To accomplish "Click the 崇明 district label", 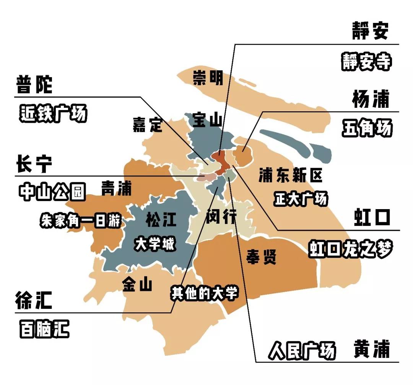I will click(207, 79).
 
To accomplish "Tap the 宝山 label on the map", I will click(207, 120).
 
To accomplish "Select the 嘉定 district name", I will click(148, 125).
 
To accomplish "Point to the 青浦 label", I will click(116, 188).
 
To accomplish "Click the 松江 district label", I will click(161, 220).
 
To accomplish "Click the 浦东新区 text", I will click(291, 175).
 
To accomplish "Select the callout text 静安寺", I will click(366, 61).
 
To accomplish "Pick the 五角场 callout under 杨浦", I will click(367, 128).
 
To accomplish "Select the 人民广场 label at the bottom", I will click(302, 350).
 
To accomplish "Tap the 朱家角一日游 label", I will click(80, 221).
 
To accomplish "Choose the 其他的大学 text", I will click(204, 293).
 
